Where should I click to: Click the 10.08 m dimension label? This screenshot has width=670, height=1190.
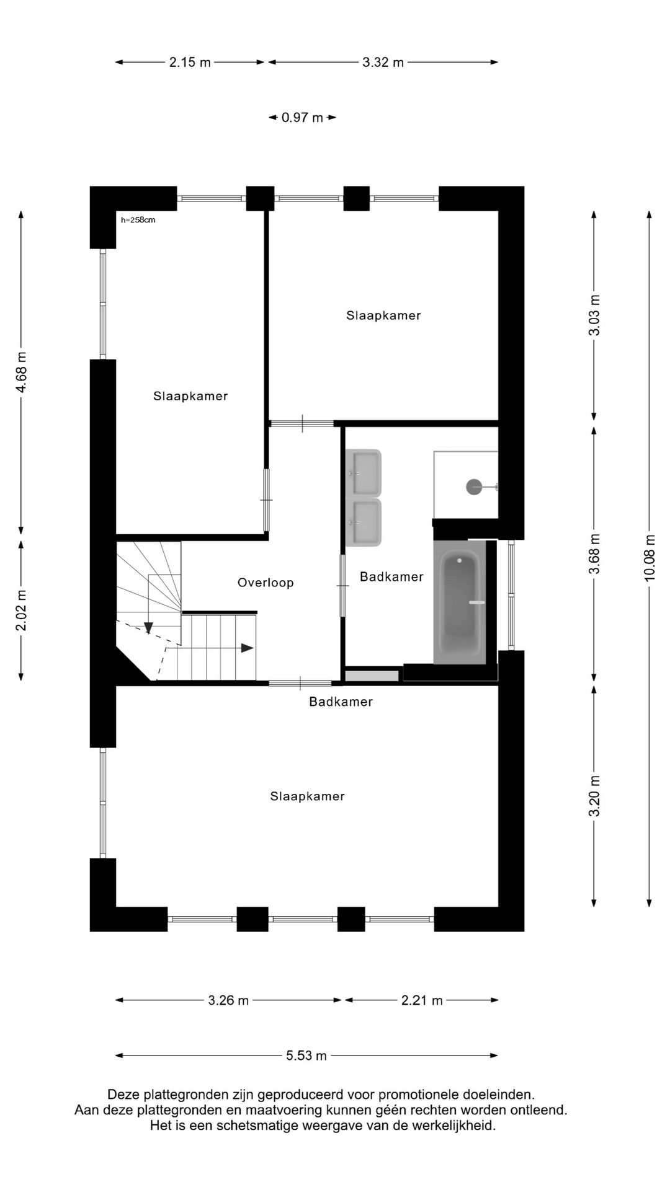pos(650,557)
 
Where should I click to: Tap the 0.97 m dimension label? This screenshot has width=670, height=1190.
pos(302,117)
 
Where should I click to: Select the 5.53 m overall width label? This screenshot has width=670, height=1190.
pos(306,1056)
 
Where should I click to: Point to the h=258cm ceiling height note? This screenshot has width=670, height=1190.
pos(138,219)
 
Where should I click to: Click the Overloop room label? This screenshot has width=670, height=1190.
pos(266,583)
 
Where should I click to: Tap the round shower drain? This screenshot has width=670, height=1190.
pos(474,487)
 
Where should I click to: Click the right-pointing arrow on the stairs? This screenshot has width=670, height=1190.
pos(247,648)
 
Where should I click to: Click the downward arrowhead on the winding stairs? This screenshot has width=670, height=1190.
pos(149,628)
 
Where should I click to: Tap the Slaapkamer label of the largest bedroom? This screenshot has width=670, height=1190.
pos(307,796)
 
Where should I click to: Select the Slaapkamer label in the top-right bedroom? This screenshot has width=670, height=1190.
pos(383,315)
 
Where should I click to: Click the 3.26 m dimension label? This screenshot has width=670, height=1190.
pos(228,1000)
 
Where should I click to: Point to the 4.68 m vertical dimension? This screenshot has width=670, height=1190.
pos(22,372)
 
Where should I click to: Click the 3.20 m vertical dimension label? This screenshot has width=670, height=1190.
pos(595,796)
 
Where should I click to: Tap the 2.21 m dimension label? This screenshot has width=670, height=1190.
pos(422,1000)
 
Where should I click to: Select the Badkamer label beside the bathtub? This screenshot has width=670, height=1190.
pos(391,576)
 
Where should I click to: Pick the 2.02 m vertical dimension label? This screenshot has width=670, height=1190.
pos(22,610)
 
